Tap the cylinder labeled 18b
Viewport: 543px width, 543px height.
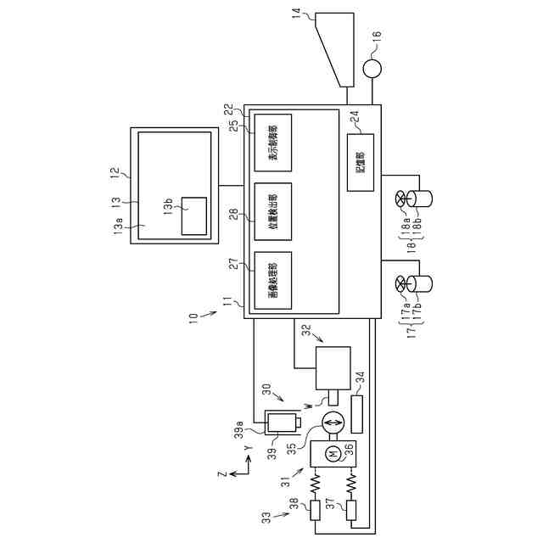pos(422,200)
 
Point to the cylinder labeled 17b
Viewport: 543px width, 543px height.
pos(422,283)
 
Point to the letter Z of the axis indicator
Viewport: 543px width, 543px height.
pos(222,474)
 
